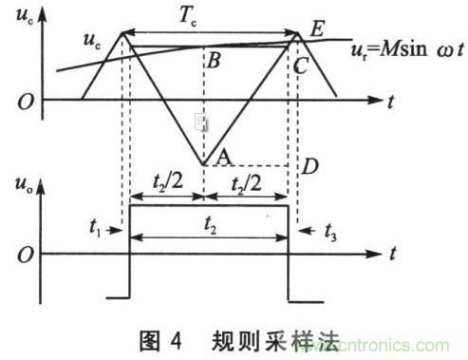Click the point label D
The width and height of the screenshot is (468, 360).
point(307,168)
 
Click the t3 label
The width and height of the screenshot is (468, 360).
point(323,230)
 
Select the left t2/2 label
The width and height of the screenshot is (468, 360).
point(167,181)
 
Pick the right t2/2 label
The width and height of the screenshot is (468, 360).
point(244,181)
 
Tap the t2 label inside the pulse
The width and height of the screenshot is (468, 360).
point(211,229)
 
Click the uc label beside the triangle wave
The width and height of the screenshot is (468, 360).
point(89,44)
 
